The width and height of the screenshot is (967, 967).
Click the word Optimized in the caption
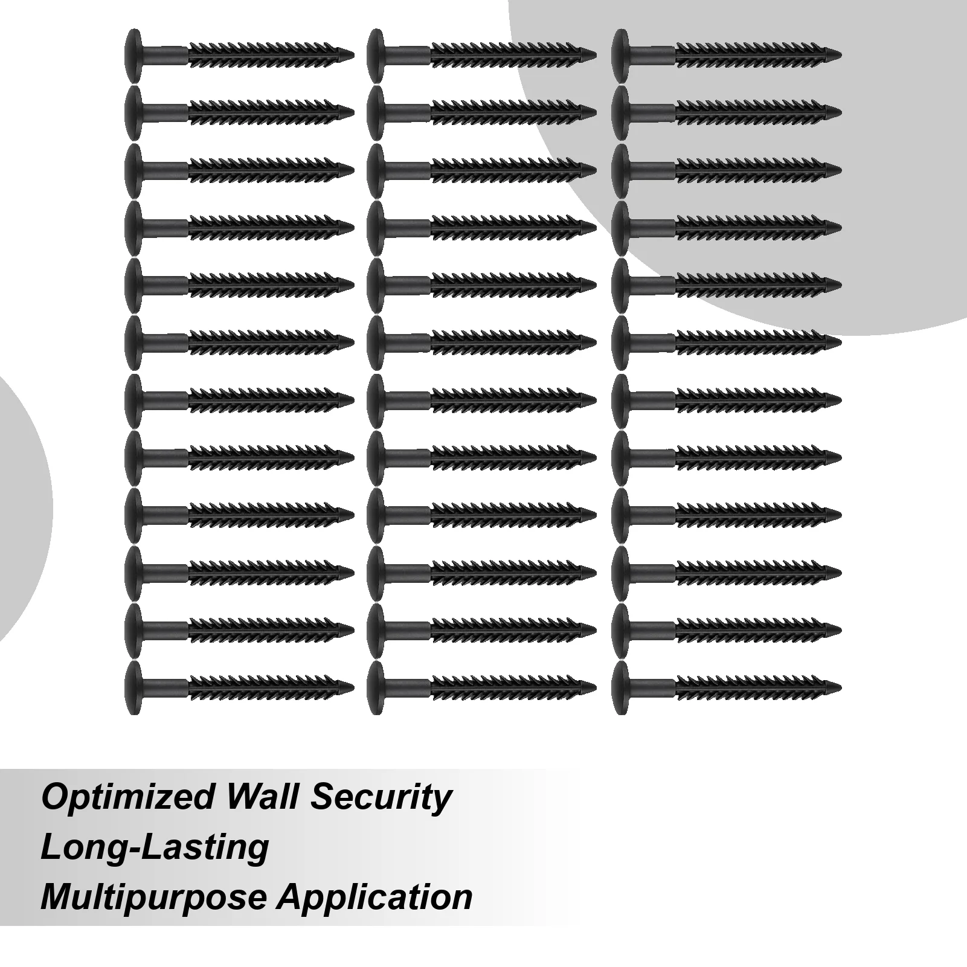[126, 798]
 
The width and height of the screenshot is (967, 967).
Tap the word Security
[381, 798]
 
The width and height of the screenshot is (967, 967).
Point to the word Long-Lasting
[155, 847]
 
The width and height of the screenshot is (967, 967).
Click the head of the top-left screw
[133, 54]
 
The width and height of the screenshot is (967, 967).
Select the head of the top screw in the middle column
[374, 54]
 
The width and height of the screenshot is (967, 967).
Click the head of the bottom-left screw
[133, 687]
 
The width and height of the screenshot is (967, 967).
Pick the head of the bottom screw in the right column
[620, 687]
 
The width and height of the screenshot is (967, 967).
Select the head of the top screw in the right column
[620, 54]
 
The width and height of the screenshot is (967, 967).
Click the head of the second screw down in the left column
[133, 112]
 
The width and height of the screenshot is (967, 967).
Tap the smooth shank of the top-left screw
[165, 54]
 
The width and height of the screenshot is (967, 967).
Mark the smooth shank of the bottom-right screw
[652, 687]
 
